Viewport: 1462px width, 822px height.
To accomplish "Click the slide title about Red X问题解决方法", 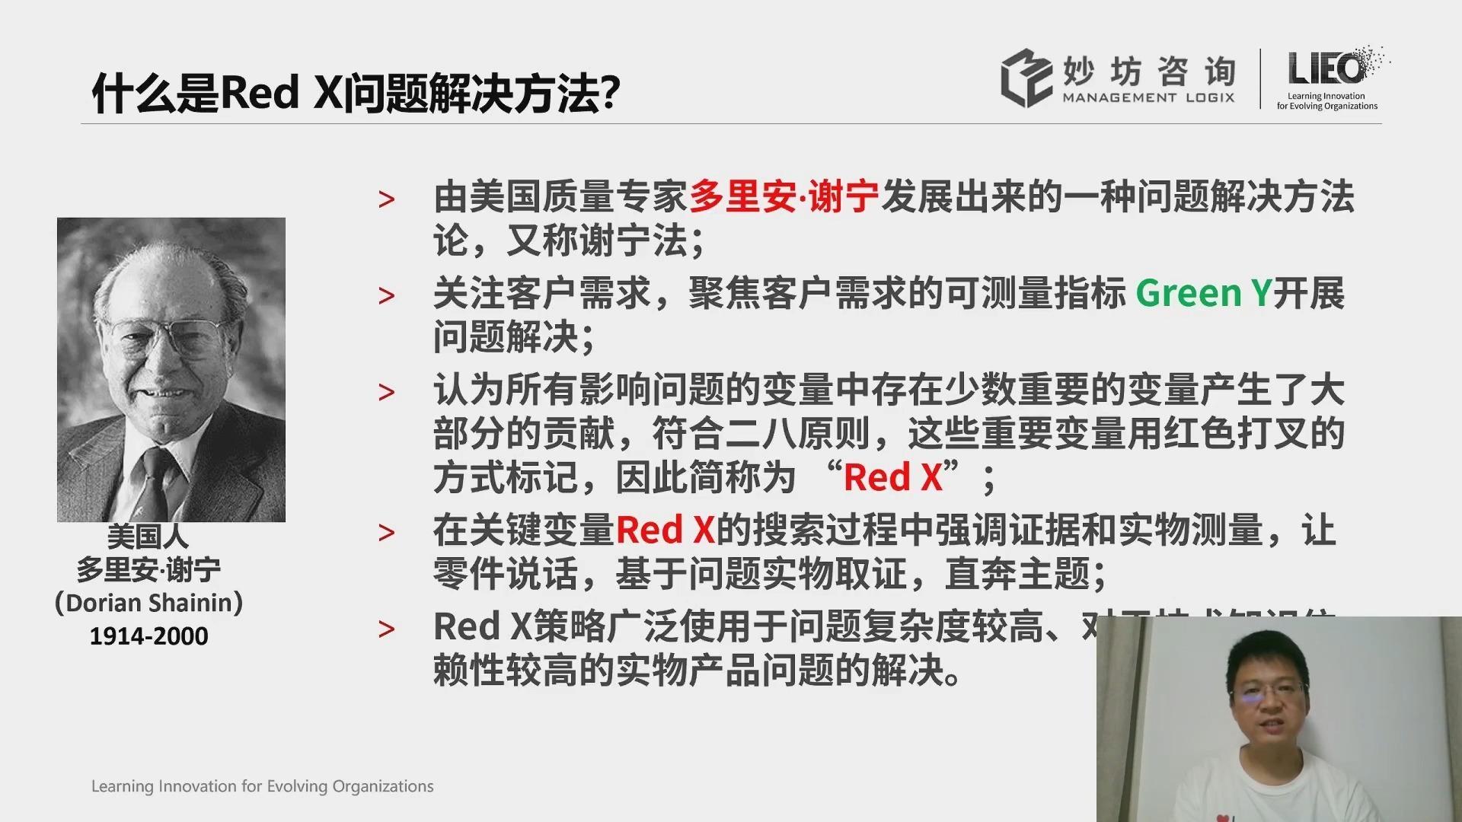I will (356, 94).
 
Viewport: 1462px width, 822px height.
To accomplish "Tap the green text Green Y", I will (1203, 294).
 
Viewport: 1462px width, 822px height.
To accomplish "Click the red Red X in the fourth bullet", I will (665, 530).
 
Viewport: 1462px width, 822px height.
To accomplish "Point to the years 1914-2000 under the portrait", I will (148, 636).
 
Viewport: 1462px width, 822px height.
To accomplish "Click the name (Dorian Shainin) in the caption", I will (148, 603).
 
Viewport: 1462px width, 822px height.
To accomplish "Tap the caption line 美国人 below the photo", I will (148, 537).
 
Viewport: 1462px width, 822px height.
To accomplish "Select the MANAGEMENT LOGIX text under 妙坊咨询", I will (1148, 98).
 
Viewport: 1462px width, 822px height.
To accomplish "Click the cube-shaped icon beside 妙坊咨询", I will (1026, 78).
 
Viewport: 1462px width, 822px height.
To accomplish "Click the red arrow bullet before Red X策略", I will (387, 629).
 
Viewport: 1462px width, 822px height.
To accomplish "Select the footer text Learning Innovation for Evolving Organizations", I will (262, 786).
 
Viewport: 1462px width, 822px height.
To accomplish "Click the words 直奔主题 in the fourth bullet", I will (1017, 575).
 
